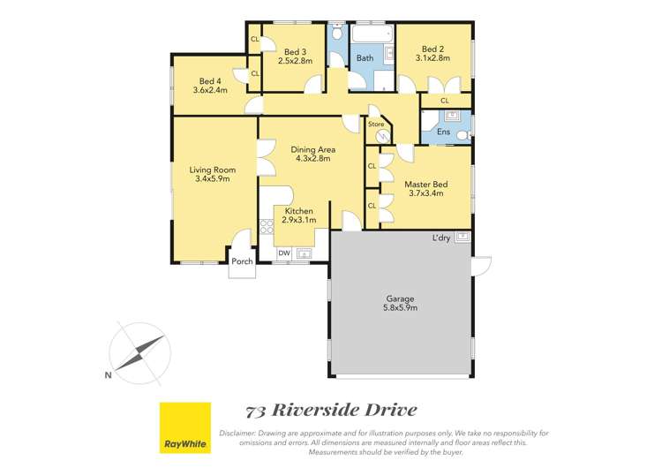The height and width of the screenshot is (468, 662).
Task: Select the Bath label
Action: [365, 58]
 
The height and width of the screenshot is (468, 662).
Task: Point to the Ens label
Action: [443, 132]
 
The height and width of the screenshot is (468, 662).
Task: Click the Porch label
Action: [242, 261]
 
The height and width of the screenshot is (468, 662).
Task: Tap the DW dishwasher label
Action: [284, 253]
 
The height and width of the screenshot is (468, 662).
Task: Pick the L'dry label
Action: [443, 238]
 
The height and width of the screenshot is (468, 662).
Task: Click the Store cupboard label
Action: [376, 125]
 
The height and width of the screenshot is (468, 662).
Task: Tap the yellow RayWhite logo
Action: [184, 427]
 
